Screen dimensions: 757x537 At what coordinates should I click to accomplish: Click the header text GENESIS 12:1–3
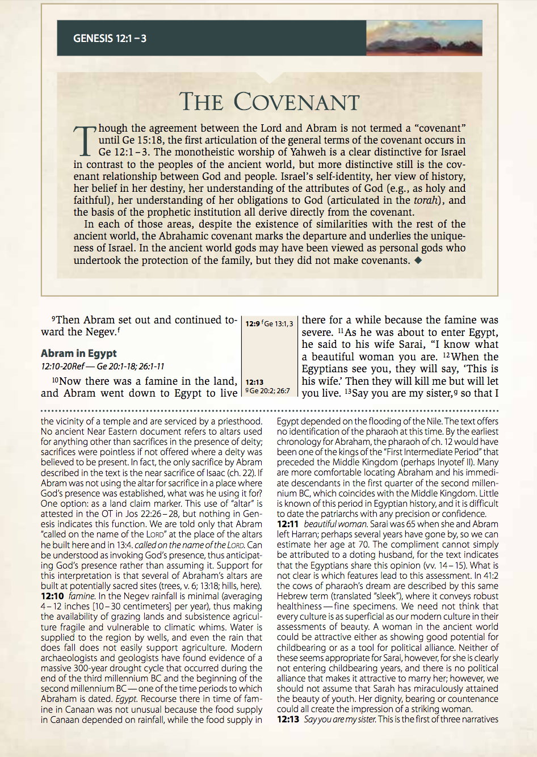[110, 39]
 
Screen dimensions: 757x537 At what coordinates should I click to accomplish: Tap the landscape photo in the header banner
[424, 38]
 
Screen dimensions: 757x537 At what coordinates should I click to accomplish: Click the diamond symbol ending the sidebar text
[418, 260]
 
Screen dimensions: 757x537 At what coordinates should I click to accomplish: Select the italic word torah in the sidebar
[426, 200]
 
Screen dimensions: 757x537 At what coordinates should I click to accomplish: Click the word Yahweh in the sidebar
[310, 152]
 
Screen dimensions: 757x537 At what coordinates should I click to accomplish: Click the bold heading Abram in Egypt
[78, 353]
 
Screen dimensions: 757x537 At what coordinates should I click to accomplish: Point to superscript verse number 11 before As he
[341, 331]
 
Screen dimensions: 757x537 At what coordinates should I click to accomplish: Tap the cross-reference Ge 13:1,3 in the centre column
[278, 324]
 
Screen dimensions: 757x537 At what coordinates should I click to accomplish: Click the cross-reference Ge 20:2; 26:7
[270, 391]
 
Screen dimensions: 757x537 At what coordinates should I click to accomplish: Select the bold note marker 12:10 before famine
[52, 596]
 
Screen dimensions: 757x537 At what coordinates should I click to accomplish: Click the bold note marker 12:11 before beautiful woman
[288, 524]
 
